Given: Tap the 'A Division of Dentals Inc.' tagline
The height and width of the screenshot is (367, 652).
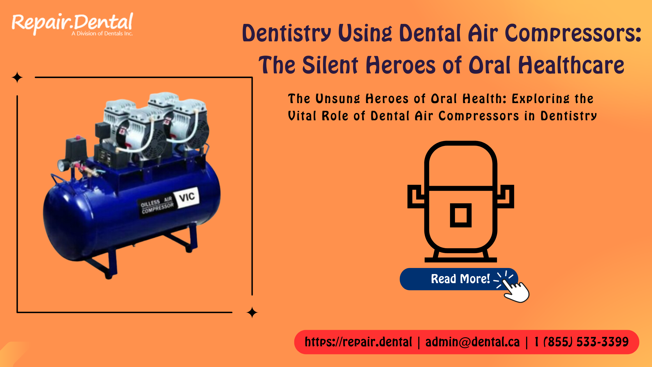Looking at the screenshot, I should [x=102, y=33].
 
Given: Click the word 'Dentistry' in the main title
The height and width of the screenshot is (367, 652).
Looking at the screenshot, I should [x=286, y=33].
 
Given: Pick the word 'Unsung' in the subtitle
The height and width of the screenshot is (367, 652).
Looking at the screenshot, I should [x=338, y=99].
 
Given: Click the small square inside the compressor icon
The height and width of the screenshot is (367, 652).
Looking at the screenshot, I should [x=460, y=215].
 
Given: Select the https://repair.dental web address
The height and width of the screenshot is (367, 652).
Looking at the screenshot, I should [x=358, y=342].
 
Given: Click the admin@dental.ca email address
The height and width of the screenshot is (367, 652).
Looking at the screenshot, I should [x=472, y=342].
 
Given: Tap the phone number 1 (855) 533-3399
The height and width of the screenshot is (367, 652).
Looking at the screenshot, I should [x=581, y=342].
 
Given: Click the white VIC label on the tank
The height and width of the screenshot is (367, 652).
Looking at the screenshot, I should [x=187, y=197].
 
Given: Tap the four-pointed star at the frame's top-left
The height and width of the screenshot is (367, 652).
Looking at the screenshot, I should [x=17, y=77].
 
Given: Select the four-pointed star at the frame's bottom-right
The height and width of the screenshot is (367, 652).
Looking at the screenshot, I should [x=252, y=313].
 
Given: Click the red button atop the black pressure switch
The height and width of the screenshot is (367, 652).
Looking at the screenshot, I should [x=78, y=137].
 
